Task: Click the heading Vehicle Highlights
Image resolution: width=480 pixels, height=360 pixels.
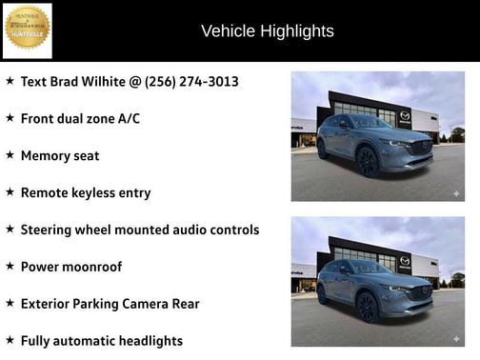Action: (267, 30)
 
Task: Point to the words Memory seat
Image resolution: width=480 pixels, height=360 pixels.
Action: (59, 155)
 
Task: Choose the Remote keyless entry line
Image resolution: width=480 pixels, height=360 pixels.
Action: (85, 192)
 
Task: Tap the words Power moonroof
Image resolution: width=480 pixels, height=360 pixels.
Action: (70, 267)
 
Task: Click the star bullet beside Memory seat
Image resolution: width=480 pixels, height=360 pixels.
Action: (10, 155)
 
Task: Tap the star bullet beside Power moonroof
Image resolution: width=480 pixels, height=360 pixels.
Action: (10, 267)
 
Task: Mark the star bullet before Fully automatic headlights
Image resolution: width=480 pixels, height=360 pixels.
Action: (10, 340)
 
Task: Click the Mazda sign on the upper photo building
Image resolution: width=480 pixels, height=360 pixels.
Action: (405, 115)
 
